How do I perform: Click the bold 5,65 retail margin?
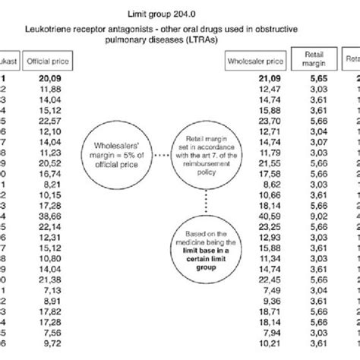(x=315, y=78)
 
